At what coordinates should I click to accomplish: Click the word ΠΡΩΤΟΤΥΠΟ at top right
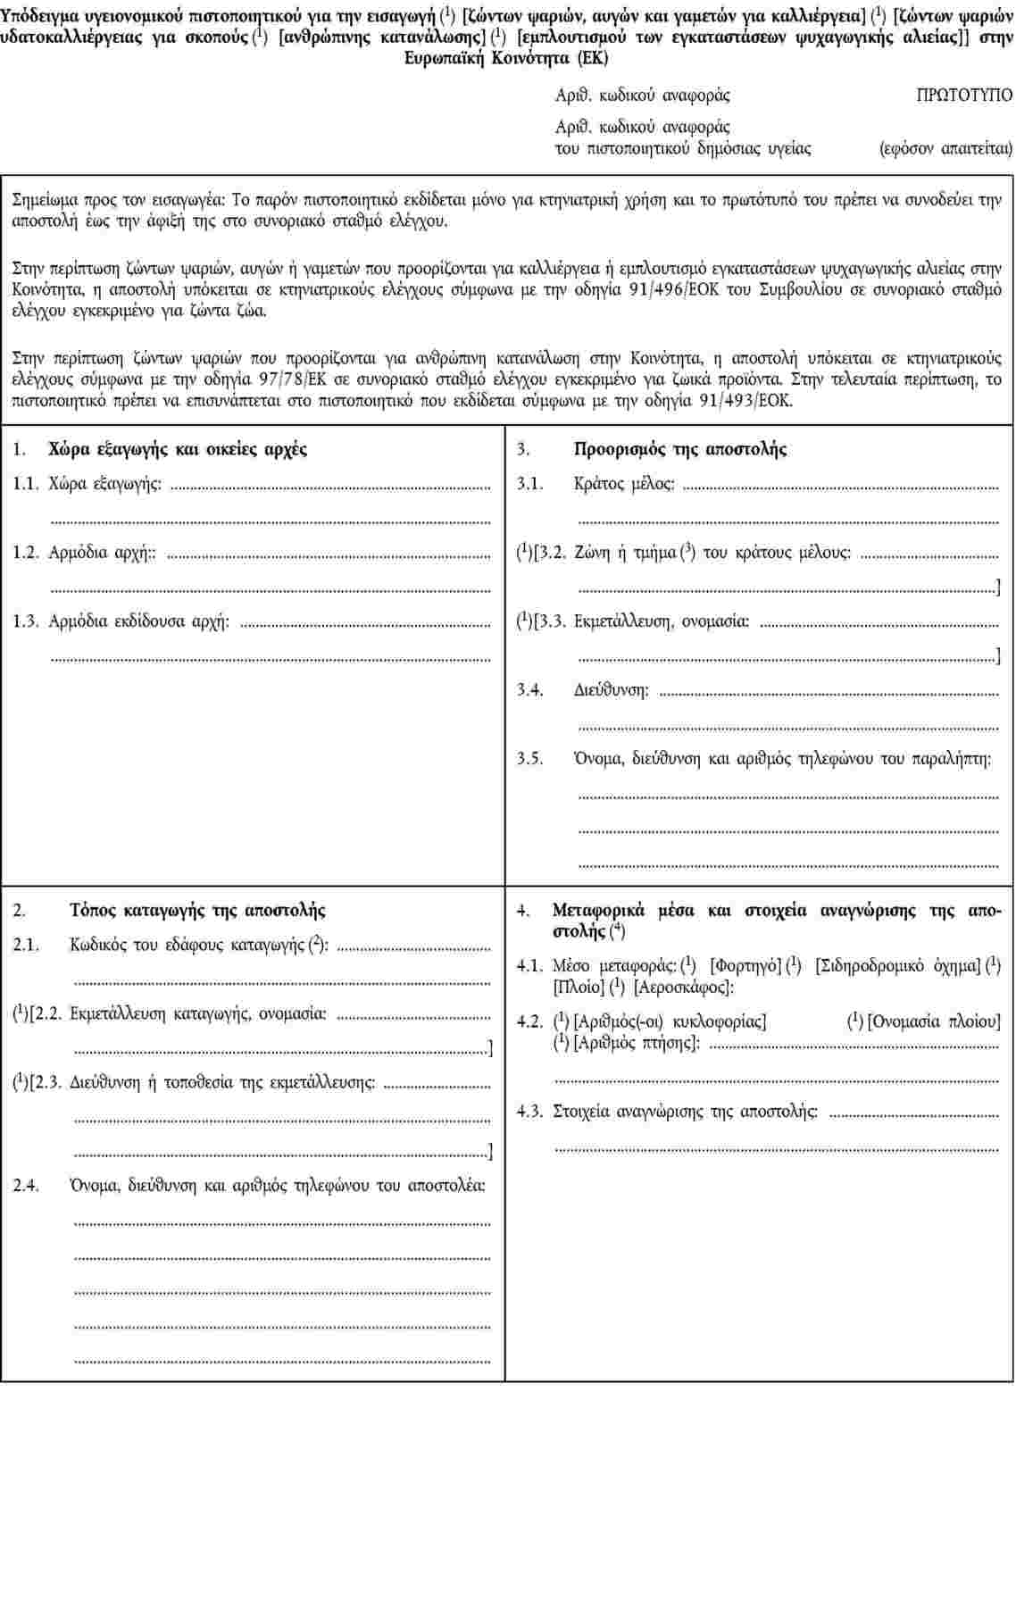[x=964, y=96]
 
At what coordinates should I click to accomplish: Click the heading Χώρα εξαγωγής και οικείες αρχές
[x=178, y=449]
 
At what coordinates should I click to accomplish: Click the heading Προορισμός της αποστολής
[x=680, y=449]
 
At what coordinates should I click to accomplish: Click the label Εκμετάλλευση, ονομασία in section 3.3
[x=662, y=621]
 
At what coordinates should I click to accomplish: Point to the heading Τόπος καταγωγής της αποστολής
[x=197, y=911]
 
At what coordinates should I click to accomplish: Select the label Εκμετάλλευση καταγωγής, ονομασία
[x=198, y=1013]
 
